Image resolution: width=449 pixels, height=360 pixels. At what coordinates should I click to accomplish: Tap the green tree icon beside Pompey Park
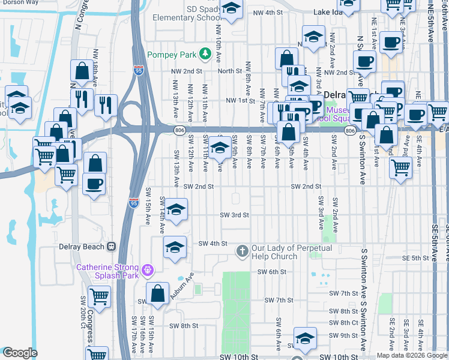click(x=205, y=54)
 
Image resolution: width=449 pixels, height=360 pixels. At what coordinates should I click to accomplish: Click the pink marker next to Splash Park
click(x=148, y=269)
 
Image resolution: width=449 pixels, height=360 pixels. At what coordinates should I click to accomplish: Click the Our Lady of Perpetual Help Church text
click(x=274, y=252)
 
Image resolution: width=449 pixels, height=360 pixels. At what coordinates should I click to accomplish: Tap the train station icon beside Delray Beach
click(x=111, y=247)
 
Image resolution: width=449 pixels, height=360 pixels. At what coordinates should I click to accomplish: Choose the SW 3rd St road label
click(x=234, y=214)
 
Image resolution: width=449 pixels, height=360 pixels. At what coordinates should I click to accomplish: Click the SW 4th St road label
click(x=212, y=244)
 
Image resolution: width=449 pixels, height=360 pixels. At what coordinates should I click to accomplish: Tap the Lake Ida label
click(x=328, y=13)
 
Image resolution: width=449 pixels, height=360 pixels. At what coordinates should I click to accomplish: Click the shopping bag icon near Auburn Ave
click(x=158, y=294)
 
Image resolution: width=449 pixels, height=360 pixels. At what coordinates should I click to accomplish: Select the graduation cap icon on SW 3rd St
click(x=176, y=211)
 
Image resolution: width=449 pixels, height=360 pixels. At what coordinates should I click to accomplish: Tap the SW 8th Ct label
click(x=344, y=323)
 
